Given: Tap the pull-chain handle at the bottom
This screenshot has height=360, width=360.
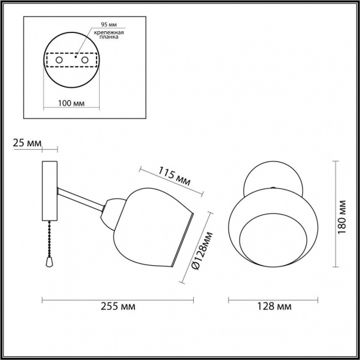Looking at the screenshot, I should [48, 261].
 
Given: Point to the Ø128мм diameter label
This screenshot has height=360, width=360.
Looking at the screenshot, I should [199, 251].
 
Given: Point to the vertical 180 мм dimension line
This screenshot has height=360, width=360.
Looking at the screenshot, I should [336, 214].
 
